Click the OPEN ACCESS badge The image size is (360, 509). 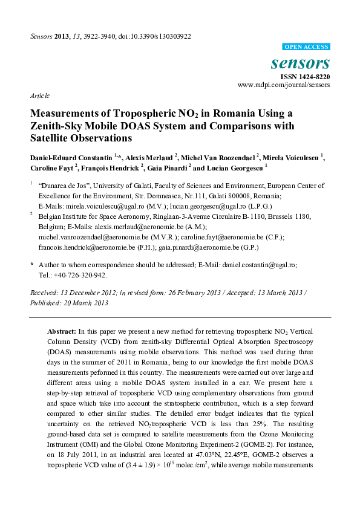306,46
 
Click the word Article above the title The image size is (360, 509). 39,96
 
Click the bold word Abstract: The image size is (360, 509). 61,332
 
